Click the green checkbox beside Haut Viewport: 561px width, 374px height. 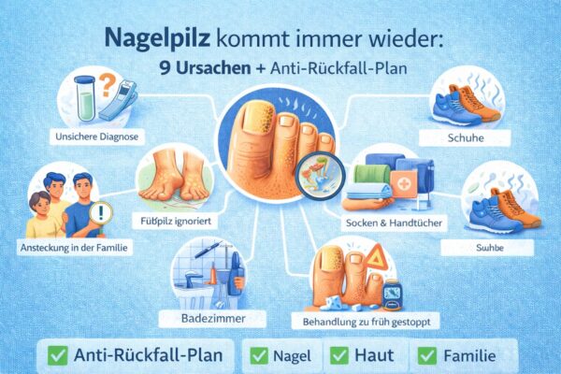pyautogui.click(x=338, y=356)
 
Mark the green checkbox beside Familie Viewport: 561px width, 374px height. pyautogui.click(x=428, y=356)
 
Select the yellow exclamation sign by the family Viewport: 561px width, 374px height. pyautogui.click(x=100, y=213)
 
